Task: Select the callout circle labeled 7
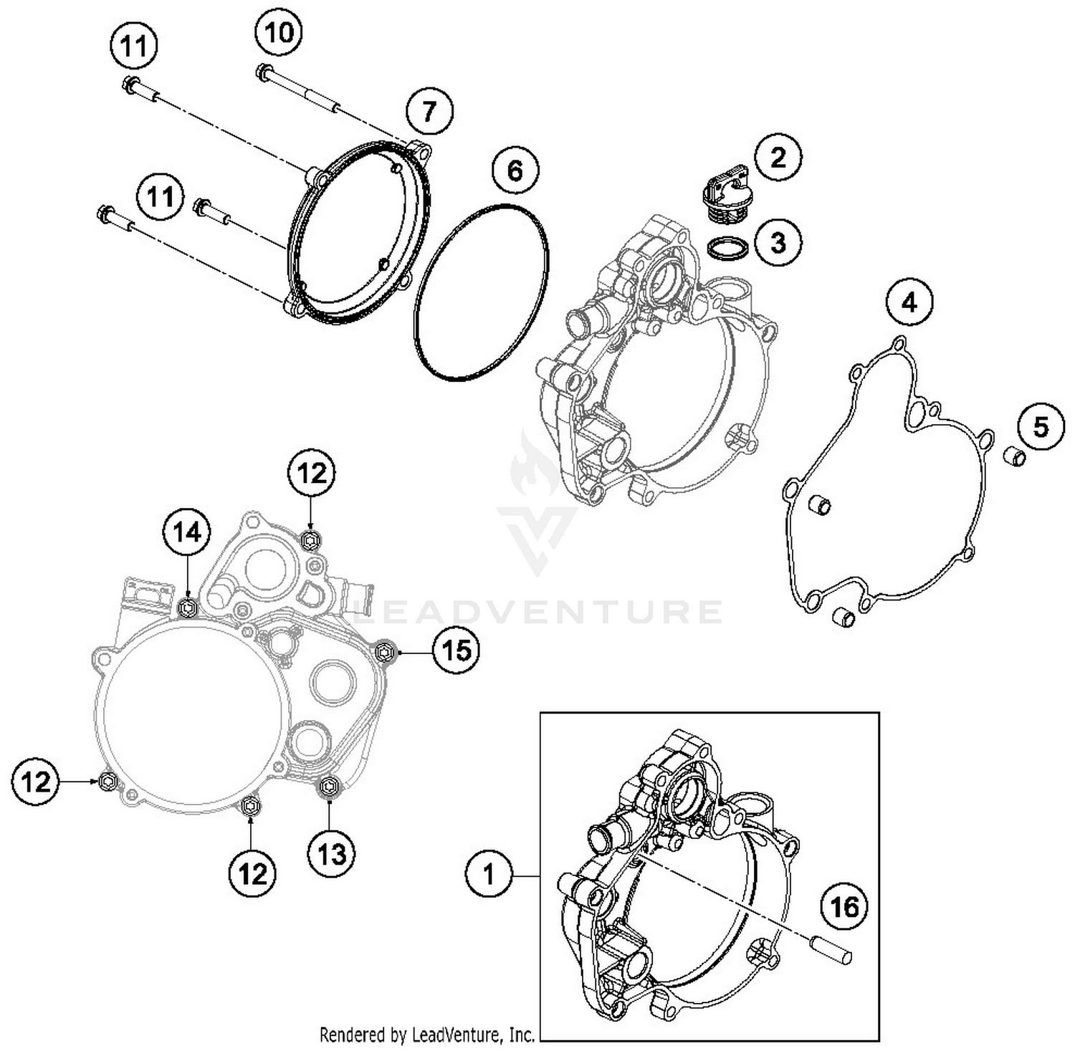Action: (x=429, y=112)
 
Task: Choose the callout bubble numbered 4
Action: (x=909, y=304)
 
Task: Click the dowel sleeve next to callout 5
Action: (x=1013, y=456)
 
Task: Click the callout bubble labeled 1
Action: (x=489, y=875)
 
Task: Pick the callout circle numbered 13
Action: (x=332, y=853)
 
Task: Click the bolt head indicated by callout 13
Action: (x=329, y=787)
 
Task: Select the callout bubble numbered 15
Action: (x=457, y=651)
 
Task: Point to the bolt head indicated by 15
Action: (x=385, y=651)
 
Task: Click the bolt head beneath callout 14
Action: (x=188, y=608)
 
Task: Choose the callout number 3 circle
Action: (x=778, y=243)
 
